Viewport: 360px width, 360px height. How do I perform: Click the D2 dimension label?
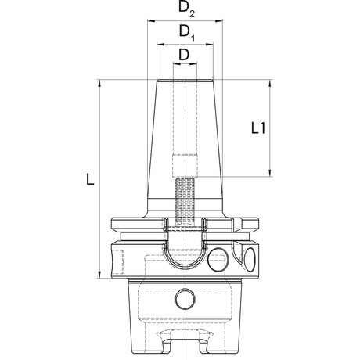click(x=186, y=9)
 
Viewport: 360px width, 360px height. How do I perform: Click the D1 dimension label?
click(x=187, y=33)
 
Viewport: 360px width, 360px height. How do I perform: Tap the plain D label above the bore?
click(x=184, y=55)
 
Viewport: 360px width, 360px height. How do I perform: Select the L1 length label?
click(x=258, y=128)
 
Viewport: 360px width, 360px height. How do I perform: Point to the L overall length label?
click(x=90, y=180)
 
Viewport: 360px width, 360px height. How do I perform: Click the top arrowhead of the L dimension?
click(x=99, y=84)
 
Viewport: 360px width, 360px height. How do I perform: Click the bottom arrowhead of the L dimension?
click(x=99, y=274)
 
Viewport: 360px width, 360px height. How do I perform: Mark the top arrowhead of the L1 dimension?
click(x=270, y=84)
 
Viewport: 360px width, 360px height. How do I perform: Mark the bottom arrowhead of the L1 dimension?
click(x=270, y=172)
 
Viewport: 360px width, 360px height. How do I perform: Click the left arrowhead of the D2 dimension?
click(x=152, y=21)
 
